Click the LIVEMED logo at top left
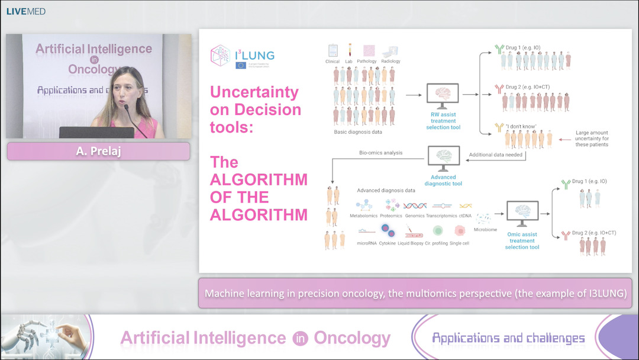25,11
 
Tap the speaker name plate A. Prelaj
98,151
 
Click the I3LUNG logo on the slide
243,57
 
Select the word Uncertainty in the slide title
254,92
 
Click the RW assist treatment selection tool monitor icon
443,95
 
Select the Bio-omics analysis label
380,153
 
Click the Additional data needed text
496,155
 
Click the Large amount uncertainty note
591,139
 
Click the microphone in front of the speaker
126,108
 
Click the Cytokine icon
388,231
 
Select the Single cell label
459,243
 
